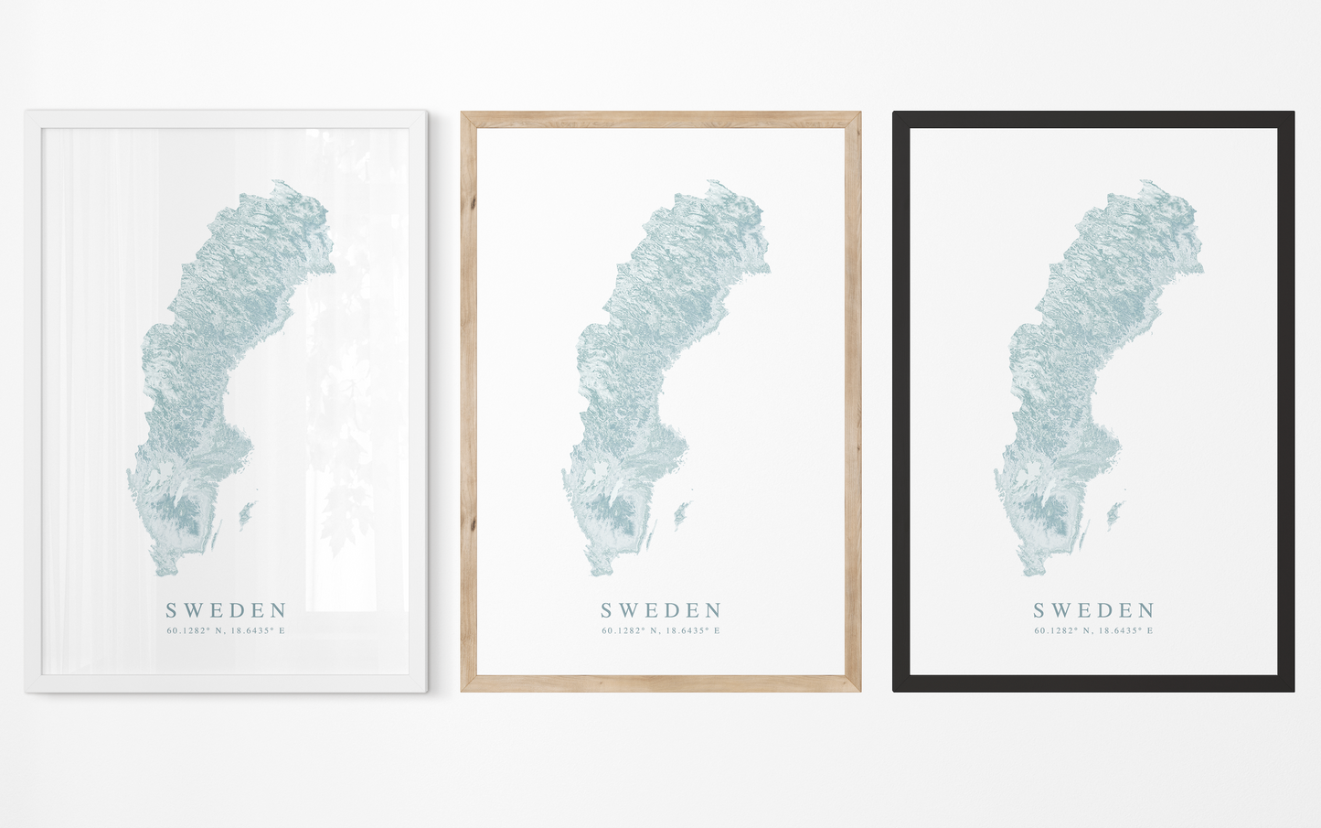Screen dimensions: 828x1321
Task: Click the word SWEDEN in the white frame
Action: point(227,610)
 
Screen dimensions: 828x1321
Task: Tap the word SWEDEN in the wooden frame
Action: point(662,610)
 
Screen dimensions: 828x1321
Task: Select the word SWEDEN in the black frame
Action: point(1094,610)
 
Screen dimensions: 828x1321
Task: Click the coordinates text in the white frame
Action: point(226,630)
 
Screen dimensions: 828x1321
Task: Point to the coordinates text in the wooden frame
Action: point(661,630)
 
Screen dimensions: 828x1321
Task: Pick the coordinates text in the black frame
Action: point(1093,630)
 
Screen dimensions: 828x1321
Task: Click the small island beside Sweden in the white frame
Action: point(247,514)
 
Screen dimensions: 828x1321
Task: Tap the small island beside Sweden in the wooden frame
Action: point(682,514)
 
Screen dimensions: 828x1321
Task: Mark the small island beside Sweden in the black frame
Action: point(1114,514)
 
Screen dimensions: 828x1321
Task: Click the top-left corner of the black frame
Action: point(895,113)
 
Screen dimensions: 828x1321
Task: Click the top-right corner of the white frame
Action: point(425,113)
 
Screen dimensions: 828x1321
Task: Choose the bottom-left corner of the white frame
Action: point(27,690)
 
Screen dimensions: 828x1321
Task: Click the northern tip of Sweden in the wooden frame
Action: point(708,182)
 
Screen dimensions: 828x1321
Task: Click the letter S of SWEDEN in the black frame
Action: point(1039,610)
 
